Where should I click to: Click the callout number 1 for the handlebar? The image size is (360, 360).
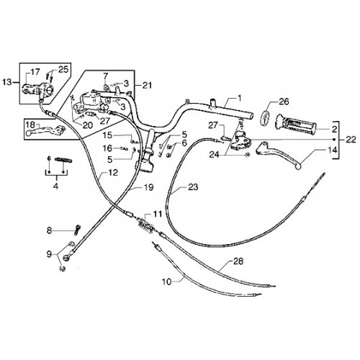click(239, 98)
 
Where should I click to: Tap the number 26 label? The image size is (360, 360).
click(284, 102)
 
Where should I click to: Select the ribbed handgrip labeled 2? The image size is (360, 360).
click(296, 124)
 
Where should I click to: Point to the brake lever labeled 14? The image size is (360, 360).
click(279, 154)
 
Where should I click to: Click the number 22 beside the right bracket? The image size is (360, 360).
click(351, 140)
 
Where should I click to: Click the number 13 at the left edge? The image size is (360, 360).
click(6, 82)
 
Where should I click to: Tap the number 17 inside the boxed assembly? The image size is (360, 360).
click(35, 72)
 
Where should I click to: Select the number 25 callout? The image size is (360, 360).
click(63, 69)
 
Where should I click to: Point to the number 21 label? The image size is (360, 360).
click(147, 85)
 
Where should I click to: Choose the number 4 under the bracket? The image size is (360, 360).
click(56, 186)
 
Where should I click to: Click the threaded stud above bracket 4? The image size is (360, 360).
click(63, 160)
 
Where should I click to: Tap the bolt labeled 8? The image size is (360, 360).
click(77, 229)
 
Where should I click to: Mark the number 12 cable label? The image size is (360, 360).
click(113, 172)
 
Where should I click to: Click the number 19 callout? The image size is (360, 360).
click(148, 187)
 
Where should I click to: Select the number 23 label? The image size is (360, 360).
click(193, 186)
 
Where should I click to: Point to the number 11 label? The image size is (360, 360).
click(158, 214)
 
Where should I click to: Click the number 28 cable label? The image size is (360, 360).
click(238, 261)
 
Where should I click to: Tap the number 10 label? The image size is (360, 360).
click(166, 282)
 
